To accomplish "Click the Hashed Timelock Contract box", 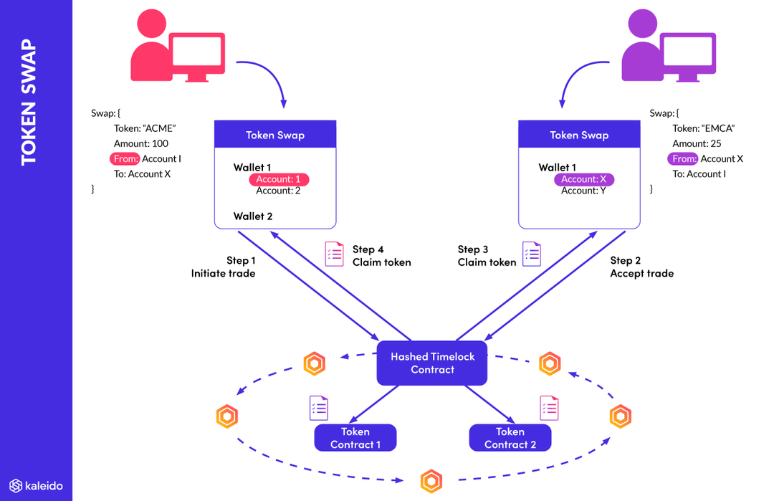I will tap(432, 363).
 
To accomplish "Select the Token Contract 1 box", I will tap(355, 438).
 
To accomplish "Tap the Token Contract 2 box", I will tap(510, 438).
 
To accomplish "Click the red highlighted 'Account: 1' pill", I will tap(279, 179).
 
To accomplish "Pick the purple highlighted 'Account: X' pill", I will tap(583, 179).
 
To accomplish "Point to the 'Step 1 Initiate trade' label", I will tap(224, 267).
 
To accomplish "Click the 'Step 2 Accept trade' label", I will tap(641, 267).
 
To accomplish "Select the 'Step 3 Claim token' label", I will tap(487, 256).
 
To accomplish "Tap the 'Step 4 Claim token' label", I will tap(381, 256).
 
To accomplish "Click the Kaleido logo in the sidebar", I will tap(36, 485).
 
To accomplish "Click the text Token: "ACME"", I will tap(145, 128).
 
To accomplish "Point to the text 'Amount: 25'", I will tap(697, 143).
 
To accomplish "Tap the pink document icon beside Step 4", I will tap(334, 254).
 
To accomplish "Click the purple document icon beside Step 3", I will tap(532, 254).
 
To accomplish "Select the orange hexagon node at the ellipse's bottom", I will tap(431, 480).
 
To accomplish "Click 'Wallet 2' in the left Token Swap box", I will tap(253, 216).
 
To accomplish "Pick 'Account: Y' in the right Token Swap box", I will tap(583, 191).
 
